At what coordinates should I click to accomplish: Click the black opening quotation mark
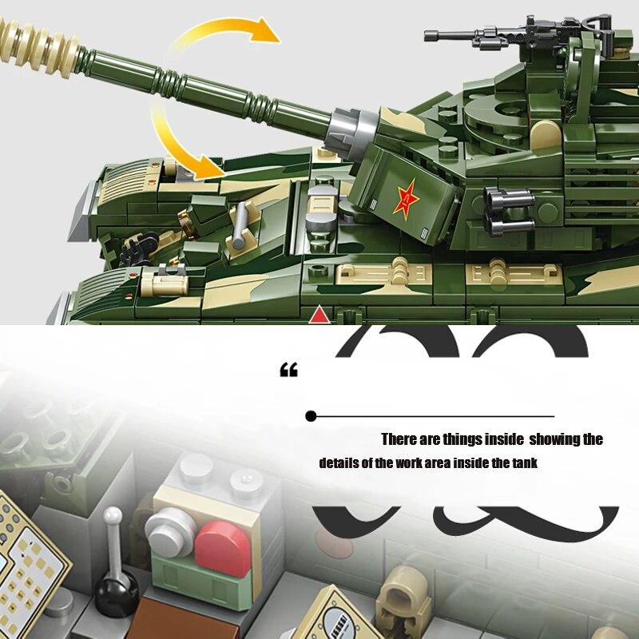(x=288, y=371)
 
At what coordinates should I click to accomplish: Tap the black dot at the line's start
(x=311, y=416)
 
